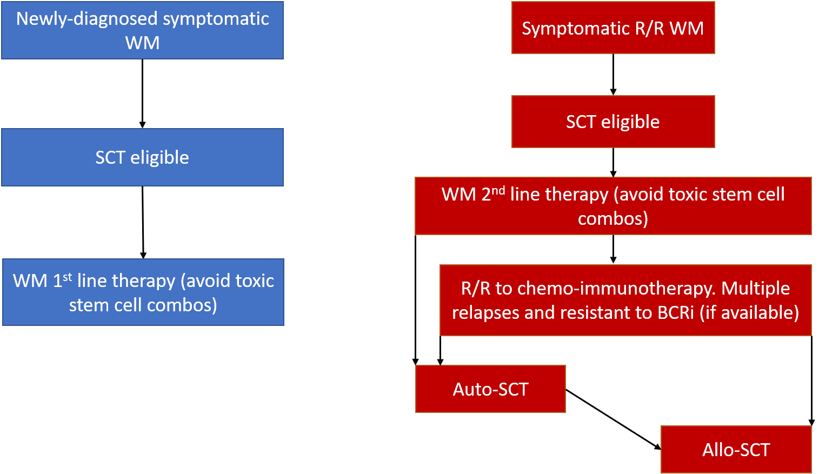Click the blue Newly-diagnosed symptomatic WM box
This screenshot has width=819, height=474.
[142, 30]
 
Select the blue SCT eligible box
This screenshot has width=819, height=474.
[142, 157]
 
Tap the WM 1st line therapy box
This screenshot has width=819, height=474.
[143, 292]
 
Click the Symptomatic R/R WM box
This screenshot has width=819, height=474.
[613, 28]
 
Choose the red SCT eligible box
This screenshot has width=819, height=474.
[613, 122]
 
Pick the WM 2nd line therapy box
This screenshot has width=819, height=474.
[613, 206]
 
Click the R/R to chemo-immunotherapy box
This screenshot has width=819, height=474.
[625, 300]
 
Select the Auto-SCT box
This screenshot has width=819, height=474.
[490, 389]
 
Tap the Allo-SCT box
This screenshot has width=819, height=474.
[736, 450]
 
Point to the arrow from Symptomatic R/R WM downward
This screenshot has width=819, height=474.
[613, 75]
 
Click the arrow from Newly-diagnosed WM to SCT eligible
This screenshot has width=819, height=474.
[142, 94]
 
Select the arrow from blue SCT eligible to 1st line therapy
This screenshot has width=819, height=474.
[143, 223]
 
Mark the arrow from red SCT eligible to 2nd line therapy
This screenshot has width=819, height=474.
[613, 163]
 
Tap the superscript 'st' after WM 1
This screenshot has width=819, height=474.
[67, 277]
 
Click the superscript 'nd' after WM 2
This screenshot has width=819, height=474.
[498, 191]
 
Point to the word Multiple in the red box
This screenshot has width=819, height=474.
[755, 289]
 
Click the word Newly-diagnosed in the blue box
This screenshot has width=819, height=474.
[86, 18]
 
